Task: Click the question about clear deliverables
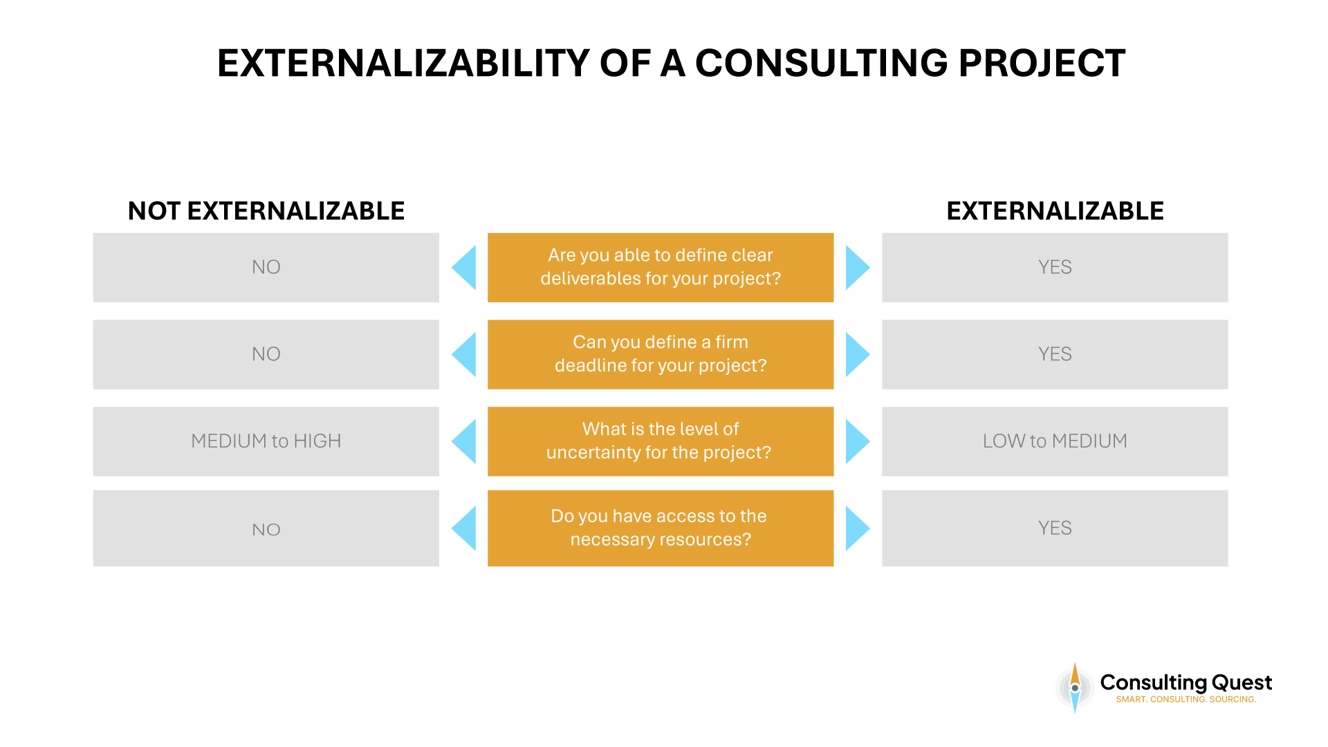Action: [661, 267]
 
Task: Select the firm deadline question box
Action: [661, 354]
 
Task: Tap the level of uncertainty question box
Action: [661, 441]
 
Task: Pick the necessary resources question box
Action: [661, 528]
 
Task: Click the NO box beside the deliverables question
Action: [266, 267]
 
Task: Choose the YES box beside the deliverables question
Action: [1055, 267]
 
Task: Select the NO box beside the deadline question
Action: [266, 354]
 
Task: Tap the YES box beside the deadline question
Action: [1055, 354]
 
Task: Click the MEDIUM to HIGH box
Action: [266, 441]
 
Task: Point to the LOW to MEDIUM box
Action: [1055, 441]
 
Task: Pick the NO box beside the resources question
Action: [266, 528]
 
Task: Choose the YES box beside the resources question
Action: [1055, 528]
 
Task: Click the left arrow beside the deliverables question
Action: [465, 267]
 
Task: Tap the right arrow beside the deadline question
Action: [856, 354]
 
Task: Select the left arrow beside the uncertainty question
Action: [465, 441]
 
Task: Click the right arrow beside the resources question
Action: [856, 528]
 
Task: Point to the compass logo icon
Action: [1075, 688]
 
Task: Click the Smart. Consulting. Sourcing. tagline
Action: [1186, 699]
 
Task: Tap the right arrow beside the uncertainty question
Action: [856, 441]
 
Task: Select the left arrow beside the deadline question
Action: [465, 354]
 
